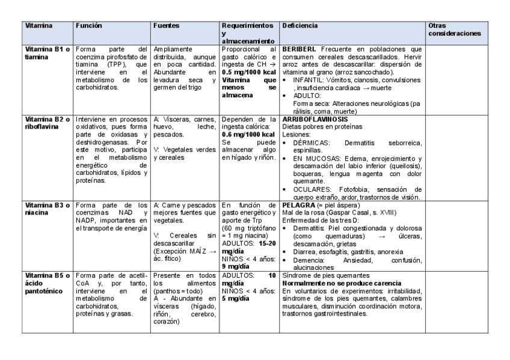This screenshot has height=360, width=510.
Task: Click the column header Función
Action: coord(88,26)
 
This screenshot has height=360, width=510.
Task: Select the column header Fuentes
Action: coord(165,26)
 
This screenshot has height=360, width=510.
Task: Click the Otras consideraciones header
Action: coord(454,30)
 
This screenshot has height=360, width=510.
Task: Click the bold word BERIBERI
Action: coord(300,48)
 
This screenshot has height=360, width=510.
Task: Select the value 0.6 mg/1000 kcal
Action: coord(248,135)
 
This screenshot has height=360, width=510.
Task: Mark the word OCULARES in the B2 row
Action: coord(310,188)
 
